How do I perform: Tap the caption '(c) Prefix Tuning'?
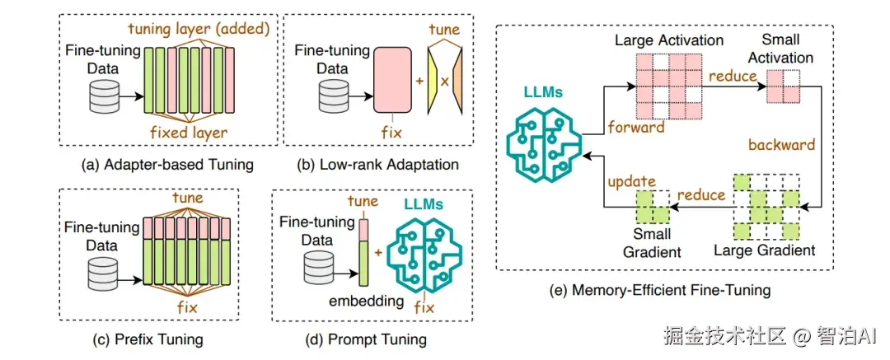point(148,339)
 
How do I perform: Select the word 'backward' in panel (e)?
point(781,145)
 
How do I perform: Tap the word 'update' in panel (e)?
point(630,180)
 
